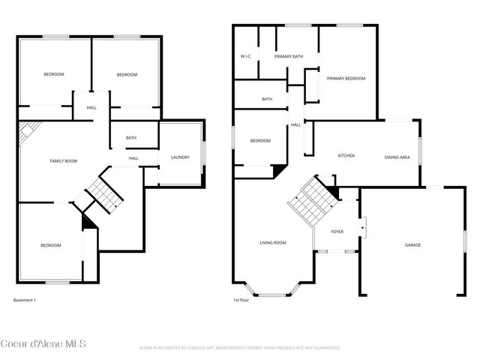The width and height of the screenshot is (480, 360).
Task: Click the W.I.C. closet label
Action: click(245, 56)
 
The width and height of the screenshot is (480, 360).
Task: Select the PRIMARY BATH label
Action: click(288, 56)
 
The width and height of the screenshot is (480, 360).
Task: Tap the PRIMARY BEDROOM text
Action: click(346, 78)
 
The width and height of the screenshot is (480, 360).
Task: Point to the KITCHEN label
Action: click(346, 156)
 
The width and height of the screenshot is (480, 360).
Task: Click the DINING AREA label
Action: click(397, 157)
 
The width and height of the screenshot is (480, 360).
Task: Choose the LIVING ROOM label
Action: click(273, 242)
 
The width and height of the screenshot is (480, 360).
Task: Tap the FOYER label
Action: click(337, 232)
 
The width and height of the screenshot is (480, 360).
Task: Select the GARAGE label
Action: click(412, 245)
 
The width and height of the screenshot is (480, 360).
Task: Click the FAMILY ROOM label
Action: click(64, 161)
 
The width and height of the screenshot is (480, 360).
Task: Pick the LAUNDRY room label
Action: click(180, 157)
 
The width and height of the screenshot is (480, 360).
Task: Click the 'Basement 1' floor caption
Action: click(25, 300)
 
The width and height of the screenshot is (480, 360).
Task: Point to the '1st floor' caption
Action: click(241, 300)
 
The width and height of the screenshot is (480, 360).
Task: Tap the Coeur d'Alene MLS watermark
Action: click(43, 344)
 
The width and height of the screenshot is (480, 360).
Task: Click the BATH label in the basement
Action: click(131, 137)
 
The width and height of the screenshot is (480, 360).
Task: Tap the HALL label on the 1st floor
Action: click(296, 124)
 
